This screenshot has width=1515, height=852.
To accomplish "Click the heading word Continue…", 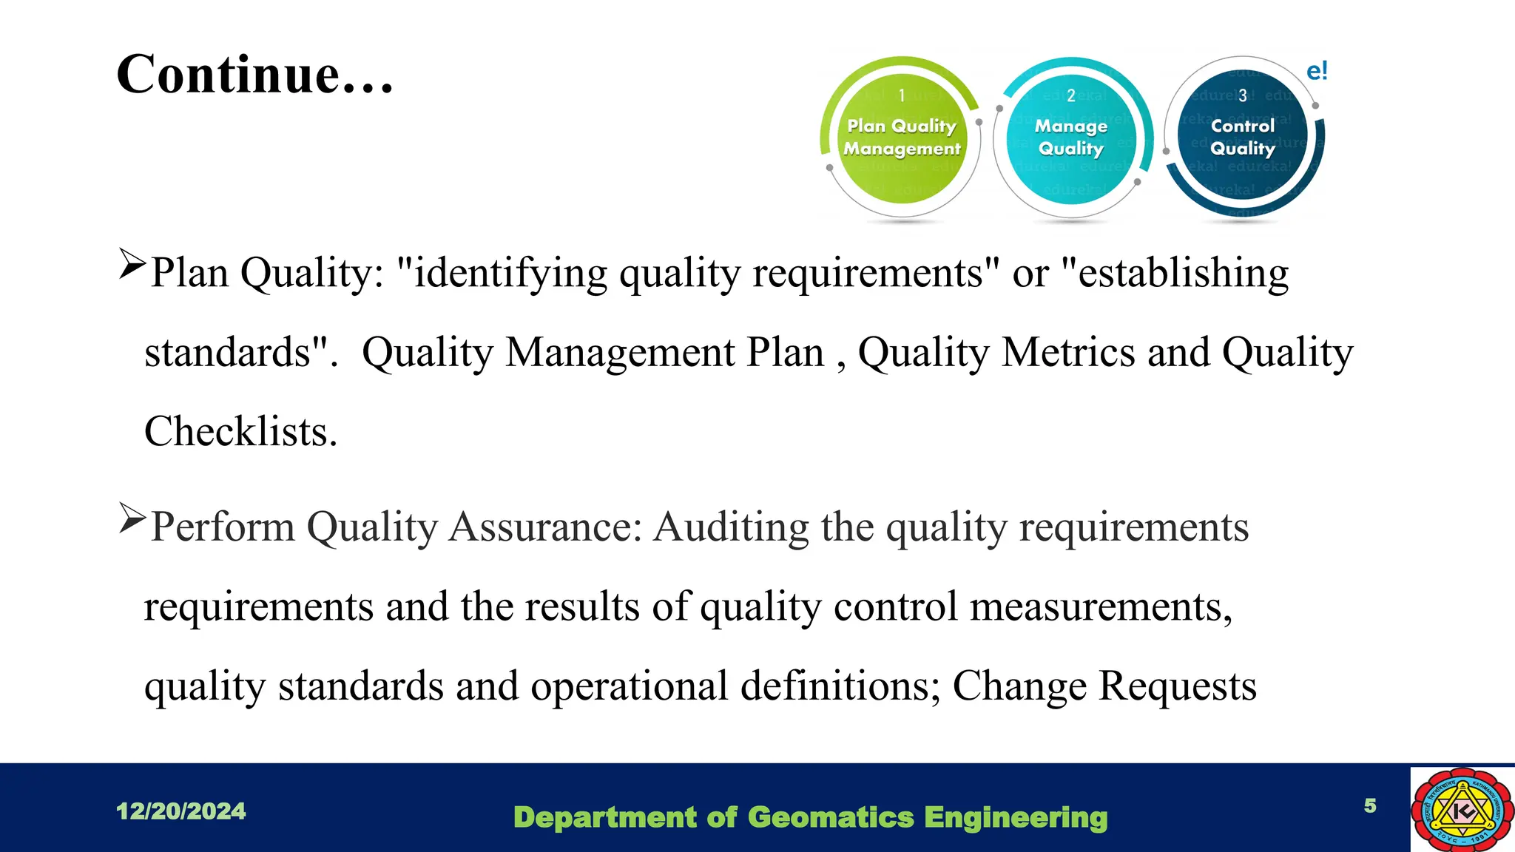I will coord(255,75).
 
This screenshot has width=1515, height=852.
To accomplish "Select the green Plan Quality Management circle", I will coord(902,139).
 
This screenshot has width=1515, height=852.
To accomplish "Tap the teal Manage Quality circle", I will coord(1070,139).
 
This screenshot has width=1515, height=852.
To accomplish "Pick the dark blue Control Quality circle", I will coord(1243,139).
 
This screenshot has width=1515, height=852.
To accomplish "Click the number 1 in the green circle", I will coord(902,95).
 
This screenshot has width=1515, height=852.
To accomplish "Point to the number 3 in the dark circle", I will coord(1243,95).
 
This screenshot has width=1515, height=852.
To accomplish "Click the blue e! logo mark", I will coord(1317,71).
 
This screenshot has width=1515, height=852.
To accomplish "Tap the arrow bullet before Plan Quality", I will coord(132,264).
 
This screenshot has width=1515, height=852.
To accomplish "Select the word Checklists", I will coord(240,432).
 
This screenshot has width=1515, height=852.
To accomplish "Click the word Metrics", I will coord(1068,352).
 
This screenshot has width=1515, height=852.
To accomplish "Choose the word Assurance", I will coord(545,527).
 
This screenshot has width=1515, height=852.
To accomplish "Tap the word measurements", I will coord(1101,607).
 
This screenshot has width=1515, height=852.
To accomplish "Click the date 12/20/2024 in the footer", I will coord(180,811).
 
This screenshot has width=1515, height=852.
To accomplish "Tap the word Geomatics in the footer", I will coord(831,817).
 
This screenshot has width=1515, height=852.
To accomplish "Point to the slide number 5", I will coord(1370,805).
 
